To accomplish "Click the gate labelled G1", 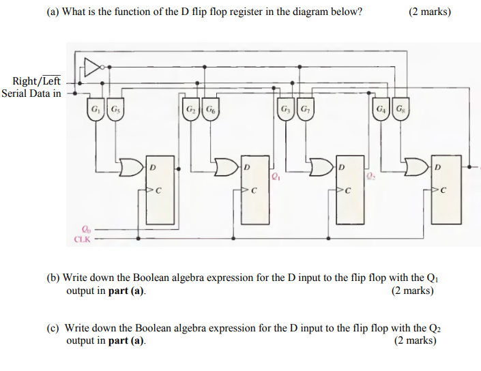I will [95, 110].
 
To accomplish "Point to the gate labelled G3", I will [285, 110].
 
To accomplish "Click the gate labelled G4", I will [380, 110].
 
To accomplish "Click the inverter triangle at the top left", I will [91, 67].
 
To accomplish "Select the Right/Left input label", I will [37, 82].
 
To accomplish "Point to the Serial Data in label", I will [31, 93].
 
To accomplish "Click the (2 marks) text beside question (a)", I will [430, 12].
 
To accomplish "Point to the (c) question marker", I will [53, 328].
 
